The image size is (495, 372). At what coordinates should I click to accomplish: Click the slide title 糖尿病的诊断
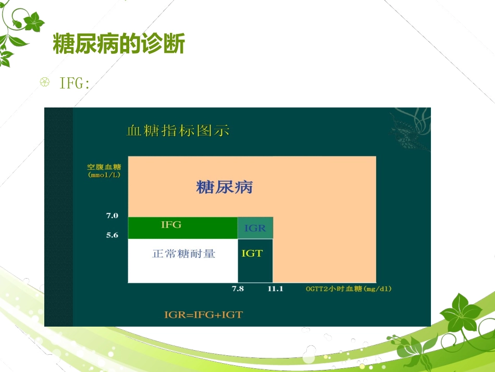[119, 44]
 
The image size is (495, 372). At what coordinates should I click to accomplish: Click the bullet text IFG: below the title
[75, 83]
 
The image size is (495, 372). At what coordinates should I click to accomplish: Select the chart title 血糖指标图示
[178, 131]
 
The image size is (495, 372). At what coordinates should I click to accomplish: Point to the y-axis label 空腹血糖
[104, 167]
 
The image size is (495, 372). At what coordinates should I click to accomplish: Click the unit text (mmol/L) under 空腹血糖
[104, 175]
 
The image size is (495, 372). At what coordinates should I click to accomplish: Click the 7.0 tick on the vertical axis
[112, 215]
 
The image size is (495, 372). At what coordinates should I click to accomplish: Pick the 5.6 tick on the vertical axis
[112, 235]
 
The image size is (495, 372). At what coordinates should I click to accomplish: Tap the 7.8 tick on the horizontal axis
[238, 289]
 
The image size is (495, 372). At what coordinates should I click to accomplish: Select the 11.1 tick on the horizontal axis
[275, 289]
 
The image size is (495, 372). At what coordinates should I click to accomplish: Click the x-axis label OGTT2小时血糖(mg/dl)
[348, 289]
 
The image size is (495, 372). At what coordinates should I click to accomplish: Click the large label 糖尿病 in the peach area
[224, 187]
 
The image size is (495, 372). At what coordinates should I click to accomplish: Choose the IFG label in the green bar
[171, 225]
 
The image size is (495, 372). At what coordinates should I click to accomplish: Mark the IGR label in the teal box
[255, 228]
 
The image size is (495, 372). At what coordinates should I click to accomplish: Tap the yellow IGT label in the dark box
[252, 254]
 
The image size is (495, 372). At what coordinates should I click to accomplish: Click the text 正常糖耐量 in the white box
[183, 254]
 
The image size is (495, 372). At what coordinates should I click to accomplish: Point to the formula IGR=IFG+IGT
[204, 315]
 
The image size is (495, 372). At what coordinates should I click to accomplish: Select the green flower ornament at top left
[21, 31]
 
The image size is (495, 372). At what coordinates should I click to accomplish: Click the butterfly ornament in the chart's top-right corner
[409, 128]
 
